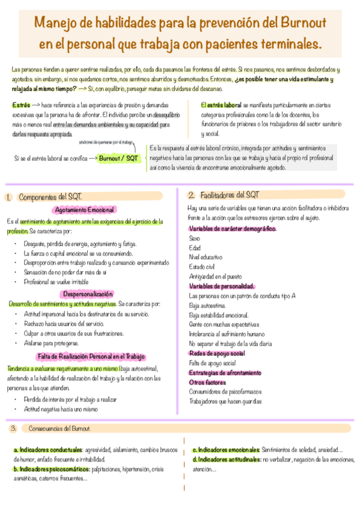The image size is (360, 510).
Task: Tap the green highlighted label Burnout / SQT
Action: [x=118, y=159]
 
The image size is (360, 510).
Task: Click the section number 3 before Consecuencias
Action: [x=13, y=429]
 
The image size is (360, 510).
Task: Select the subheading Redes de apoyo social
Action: [x=217, y=353]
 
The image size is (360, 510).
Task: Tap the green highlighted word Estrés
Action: [x=21, y=105]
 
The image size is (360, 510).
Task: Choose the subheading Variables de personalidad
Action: [x=222, y=286]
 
